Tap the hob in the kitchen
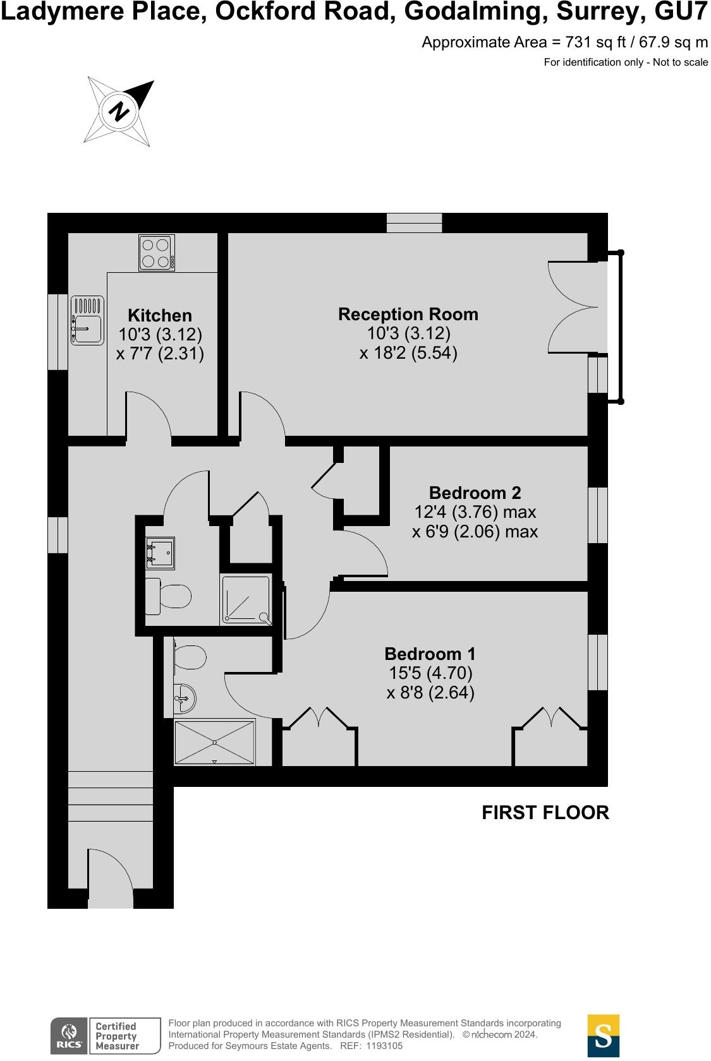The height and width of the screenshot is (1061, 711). point(157,253)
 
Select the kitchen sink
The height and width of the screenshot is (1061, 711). point(87,321)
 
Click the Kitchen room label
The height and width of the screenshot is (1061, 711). point(159,315)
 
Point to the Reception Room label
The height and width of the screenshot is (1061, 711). point(408,314)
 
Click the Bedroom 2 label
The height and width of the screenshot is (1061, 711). point(475,493)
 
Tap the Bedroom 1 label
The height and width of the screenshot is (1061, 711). point(430,654)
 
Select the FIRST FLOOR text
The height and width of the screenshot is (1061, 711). point(545,812)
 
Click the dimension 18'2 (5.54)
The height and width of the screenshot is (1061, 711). point(408,352)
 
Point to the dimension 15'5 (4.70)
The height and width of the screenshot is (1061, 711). point(430,673)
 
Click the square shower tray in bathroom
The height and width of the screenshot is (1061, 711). point(246,601)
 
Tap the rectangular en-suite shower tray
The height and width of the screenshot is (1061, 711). point(215,743)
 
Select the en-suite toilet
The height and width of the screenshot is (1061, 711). point(190,657)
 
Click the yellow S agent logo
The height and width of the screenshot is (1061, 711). point(603,1036)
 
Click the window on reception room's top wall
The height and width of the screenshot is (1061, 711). point(414,223)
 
